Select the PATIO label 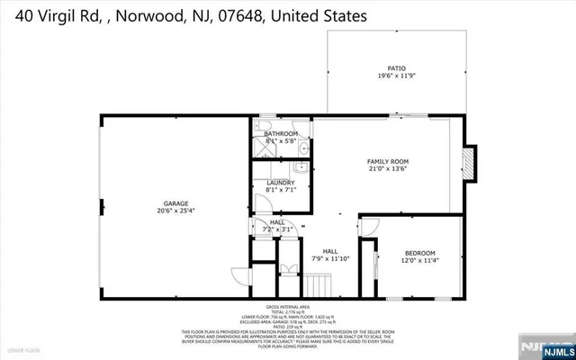pos(396,68)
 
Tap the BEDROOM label pos(419,252)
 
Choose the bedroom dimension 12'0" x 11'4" pos(419,261)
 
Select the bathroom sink pos(303,149)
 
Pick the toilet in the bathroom pos(264,124)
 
